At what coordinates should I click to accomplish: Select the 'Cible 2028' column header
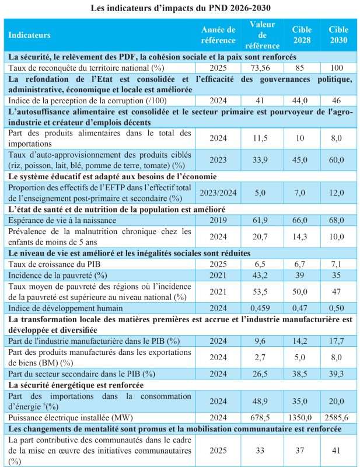pos(302,34)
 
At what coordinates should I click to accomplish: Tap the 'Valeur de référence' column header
pos(263,34)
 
